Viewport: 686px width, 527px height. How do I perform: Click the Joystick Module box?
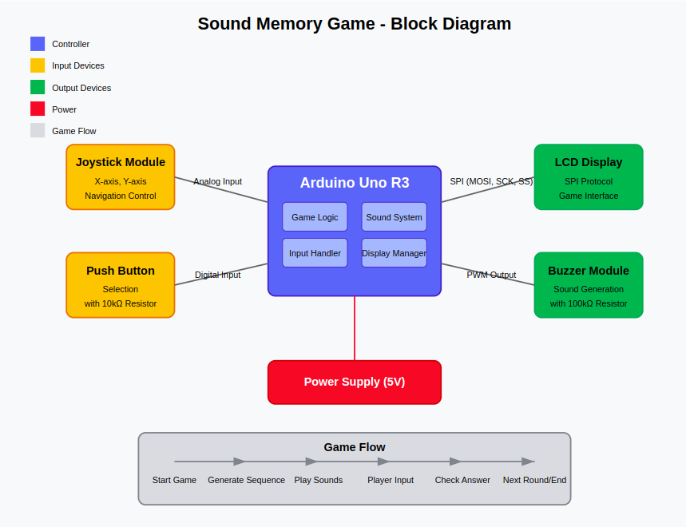point(120,177)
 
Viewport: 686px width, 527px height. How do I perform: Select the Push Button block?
point(120,285)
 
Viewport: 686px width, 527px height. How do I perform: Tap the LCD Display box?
point(588,177)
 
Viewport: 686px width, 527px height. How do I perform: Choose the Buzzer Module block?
point(588,285)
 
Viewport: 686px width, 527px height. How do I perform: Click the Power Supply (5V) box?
point(354,382)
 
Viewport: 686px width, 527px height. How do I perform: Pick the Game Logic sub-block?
point(315,217)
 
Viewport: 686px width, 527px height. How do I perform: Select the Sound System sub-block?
point(394,217)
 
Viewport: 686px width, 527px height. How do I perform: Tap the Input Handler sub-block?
point(315,253)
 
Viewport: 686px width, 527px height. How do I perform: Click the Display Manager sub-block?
point(394,253)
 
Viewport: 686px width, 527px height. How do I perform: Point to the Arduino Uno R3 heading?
point(354,183)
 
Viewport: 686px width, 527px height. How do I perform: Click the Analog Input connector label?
point(217,181)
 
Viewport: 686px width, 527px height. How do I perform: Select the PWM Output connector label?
point(491,275)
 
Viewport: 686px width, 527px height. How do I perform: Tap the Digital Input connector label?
point(217,275)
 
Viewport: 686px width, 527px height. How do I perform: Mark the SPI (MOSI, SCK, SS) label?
point(491,181)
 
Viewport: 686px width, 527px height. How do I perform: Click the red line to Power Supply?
point(355,328)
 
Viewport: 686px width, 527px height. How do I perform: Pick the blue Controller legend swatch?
point(38,44)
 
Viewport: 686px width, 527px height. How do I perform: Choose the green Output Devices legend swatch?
point(38,87)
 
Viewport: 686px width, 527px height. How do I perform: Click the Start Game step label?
point(174,480)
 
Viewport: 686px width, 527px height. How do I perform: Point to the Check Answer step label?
point(462,480)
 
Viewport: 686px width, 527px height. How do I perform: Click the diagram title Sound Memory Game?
point(354,24)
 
